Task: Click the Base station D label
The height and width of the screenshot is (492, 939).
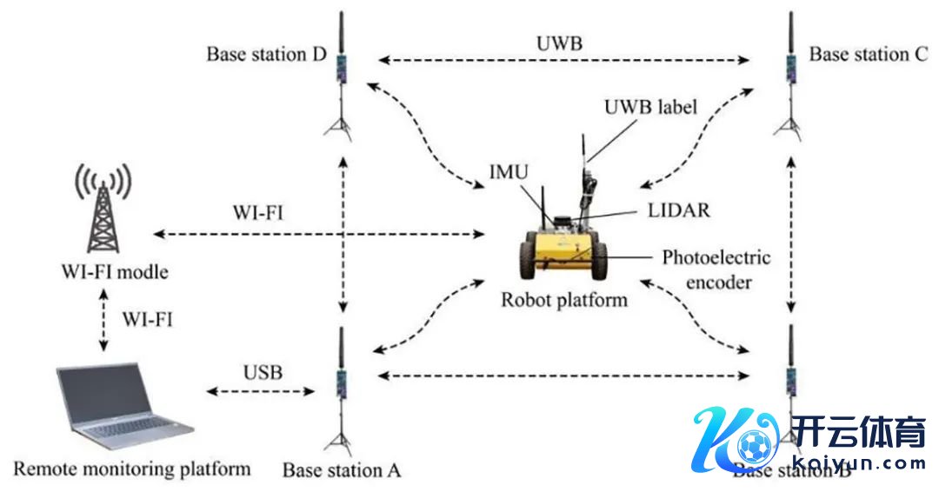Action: (x=265, y=55)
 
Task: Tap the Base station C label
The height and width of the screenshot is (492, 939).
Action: (x=869, y=54)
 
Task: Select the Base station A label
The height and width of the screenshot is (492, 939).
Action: (x=341, y=470)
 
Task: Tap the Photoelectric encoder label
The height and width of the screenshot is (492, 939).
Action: (x=716, y=269)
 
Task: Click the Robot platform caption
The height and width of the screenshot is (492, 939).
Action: (x=563, y=300)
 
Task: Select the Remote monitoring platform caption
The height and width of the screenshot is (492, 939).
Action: (x=126, y=469)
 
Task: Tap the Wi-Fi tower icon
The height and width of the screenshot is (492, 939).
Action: (x=103, y=209)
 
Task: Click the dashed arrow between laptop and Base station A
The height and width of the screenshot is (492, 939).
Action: (x=260, y=392)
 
